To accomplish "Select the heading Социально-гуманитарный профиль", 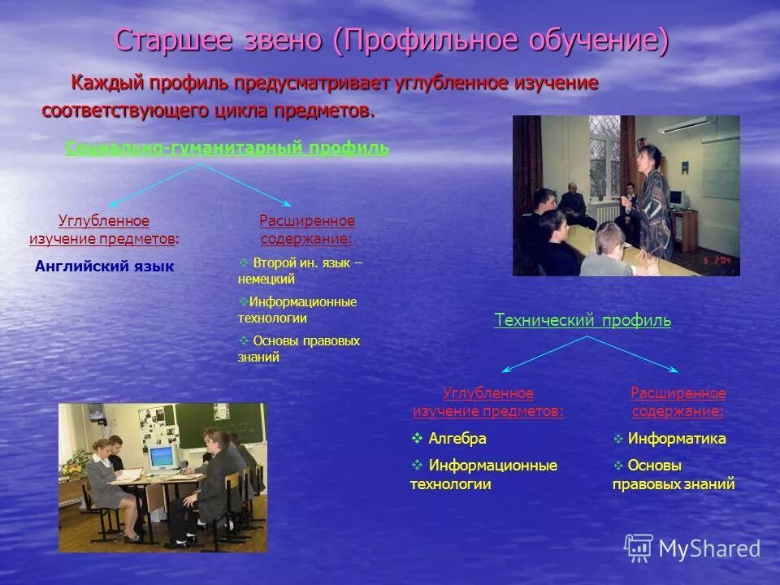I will [x=227, y=148].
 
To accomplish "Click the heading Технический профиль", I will [x=583, y=320].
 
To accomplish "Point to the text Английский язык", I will [x=105, y=266].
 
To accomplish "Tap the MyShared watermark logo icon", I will [x=639, y=548].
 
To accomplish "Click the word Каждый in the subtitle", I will [x=107, y=83].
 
